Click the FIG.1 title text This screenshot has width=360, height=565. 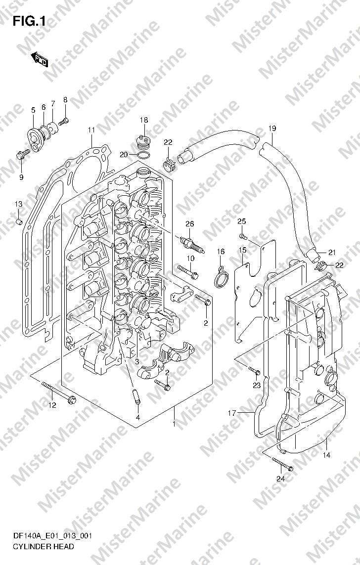coord(29,22)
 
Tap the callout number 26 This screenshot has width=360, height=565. coord(189,224)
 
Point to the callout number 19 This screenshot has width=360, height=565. coord(272,129)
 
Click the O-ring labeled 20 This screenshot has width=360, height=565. coord(143,156)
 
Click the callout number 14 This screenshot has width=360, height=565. coord(326,455)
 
